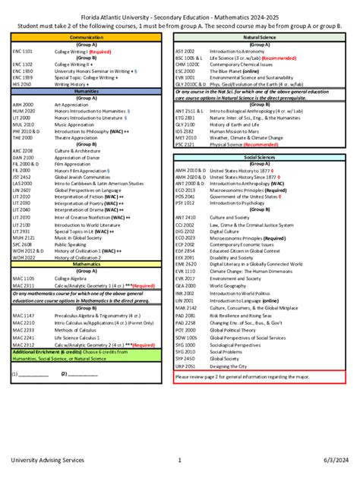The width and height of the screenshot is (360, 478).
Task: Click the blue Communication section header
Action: click(87, 36)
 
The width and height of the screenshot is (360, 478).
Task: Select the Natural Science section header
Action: click(260, 36)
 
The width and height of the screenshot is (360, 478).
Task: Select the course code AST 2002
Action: click(185, 51)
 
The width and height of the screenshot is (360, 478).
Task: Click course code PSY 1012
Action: click(185, 203)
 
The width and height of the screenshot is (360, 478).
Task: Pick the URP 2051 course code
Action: click(185, 365)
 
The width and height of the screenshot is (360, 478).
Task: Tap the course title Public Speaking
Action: click(70, 245)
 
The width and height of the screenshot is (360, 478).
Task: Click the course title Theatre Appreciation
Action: click(76, 137)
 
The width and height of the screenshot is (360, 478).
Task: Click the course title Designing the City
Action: click(229, 365)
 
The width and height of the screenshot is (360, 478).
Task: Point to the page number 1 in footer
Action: click(179, 460)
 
